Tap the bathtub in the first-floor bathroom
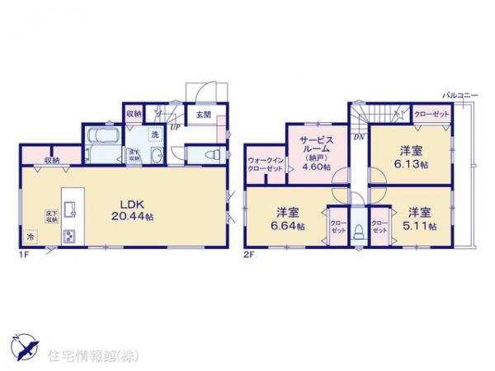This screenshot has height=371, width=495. pos(103,137)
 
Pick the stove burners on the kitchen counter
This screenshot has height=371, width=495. pos(68,236)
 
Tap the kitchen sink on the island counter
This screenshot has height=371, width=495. pos(69,202)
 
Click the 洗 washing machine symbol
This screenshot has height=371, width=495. pos(154,134)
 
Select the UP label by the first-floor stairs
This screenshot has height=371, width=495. pos(175,127)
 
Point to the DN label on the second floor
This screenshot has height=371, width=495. pos(359,137)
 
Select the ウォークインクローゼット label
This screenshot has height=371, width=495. pos(265,162)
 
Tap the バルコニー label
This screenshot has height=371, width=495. pos(460,96)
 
